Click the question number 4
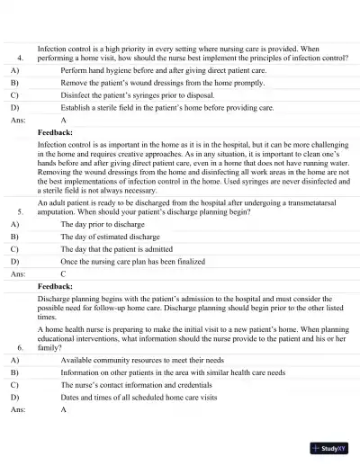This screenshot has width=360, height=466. tap(19, 57)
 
